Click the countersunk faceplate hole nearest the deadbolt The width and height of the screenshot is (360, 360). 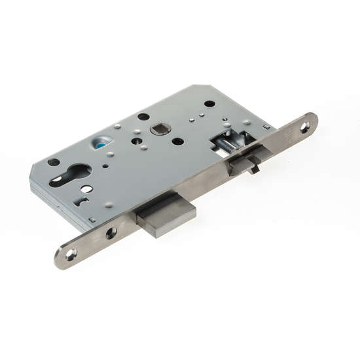point(111,232)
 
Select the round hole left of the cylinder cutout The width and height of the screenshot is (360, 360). point(54,162)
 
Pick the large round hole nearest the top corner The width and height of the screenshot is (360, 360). point(208,103)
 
